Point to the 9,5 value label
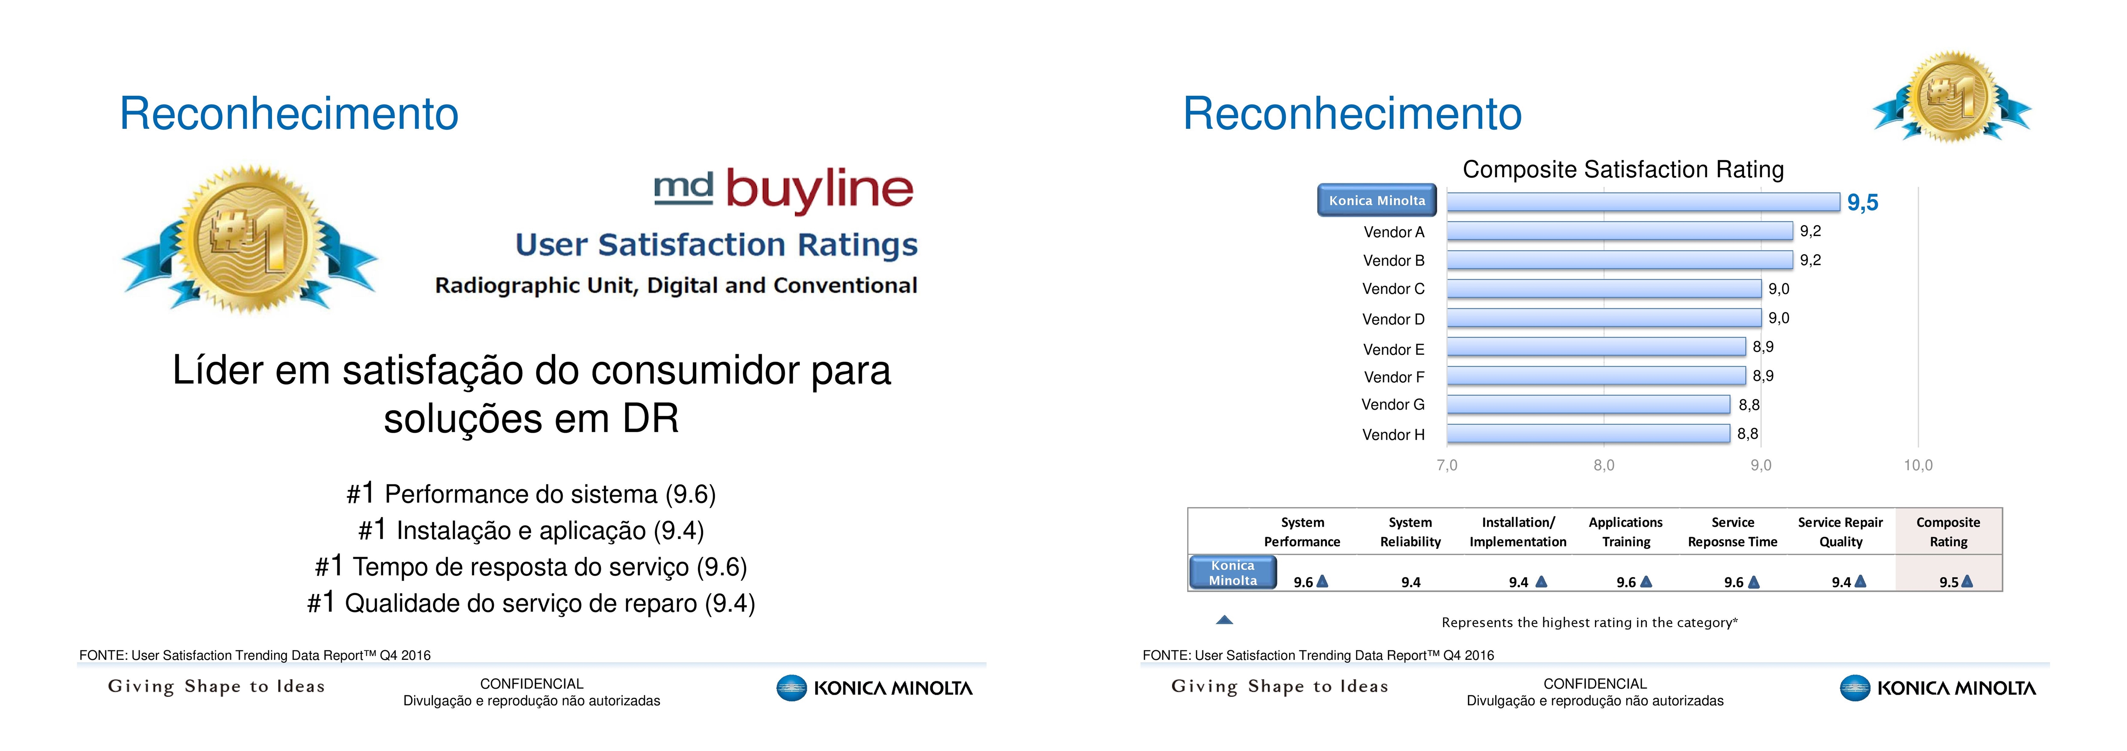[x=1863, y=202]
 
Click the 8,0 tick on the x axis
[x=1603, y=465]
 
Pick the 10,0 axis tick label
[x=1918, y=465]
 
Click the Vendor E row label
[x=1394, y=349]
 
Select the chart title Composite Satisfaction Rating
[x=1623, y=169]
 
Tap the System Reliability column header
[x=1410, y=531]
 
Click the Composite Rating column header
[x=1948, y=531]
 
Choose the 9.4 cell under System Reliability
[x=1410, y=582]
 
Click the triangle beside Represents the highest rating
[x=1224, y=620]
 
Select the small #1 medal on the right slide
[x=1952, y=97]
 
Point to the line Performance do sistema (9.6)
[x=531, y=493]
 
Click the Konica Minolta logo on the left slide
[x=875, y=688]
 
